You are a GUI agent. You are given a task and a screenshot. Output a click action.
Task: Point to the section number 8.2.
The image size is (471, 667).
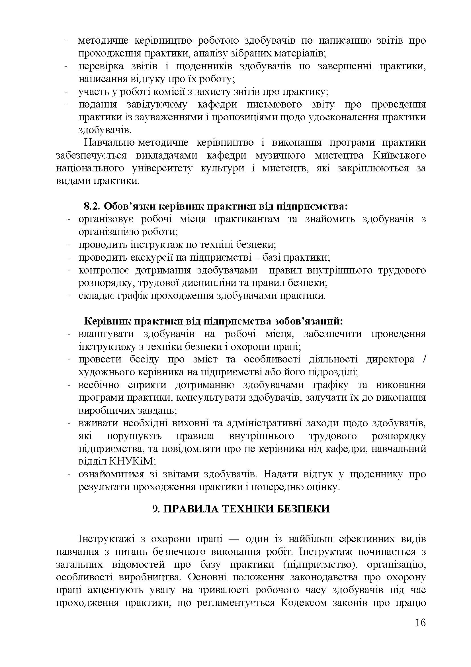(92, 206)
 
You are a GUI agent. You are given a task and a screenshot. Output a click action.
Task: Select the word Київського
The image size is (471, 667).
(399, 155)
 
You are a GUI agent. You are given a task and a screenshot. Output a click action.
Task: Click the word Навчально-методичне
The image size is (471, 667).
(136, 143)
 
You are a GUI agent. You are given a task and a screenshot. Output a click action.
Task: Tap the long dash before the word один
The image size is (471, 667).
(234, 539)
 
